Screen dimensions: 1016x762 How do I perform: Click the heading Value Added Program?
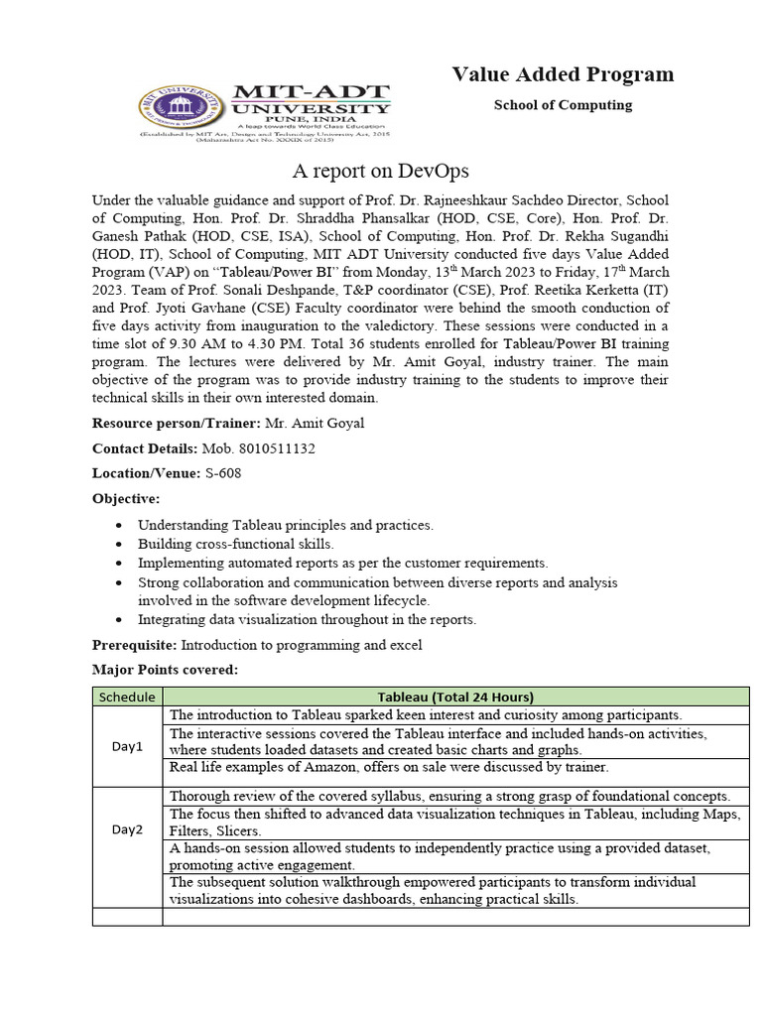563,74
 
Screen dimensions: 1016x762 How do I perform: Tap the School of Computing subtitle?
563,105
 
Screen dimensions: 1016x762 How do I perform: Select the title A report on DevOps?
380,170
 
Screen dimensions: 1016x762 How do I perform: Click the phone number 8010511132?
272,448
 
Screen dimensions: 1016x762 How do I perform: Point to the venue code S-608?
222,473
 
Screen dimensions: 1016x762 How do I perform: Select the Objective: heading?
126,498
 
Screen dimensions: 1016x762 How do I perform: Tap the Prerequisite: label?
134,645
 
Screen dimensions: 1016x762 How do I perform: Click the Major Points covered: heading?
165,670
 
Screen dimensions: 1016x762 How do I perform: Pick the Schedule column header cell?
127,697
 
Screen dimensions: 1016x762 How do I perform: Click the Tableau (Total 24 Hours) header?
455,697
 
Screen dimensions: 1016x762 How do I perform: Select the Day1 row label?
127,746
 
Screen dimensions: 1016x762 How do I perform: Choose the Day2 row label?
127,828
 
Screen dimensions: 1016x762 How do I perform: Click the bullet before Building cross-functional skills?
120,545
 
